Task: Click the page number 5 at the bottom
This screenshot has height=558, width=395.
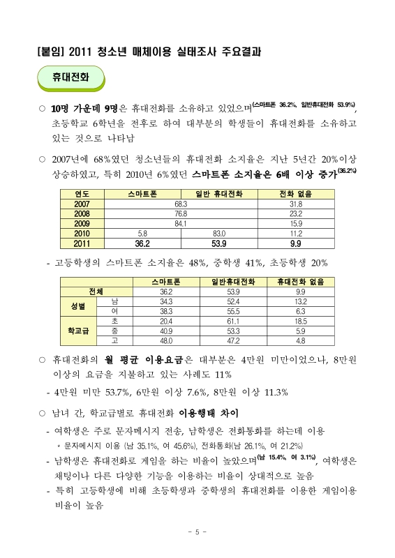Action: pyautogui.click(x=197, y=531)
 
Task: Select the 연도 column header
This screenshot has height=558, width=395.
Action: pyautogui.click(x=82, y=193)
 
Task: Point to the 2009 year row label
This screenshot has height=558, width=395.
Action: pyautogui.click(x=82, y=224)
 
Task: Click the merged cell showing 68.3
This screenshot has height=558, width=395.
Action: pyautogui.click(x=181, y=203)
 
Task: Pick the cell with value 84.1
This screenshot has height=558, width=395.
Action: pyautogui.click(x=181, y=224)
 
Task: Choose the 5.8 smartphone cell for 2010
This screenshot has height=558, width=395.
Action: pyautogui.click(x=142, y=234)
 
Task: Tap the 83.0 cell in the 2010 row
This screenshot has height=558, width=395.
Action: pyautogui.click(x=218, y=234)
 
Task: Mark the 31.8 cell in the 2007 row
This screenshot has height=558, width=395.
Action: pyautogui.click(x=295, y=203)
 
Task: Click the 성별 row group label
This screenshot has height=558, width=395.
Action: pyautogui.click(x=78, y=306)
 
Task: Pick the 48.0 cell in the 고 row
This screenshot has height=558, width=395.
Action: pyautogui.click(x=166, y=341)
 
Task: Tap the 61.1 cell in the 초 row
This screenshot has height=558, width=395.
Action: pyautogui.click(x=233, y=321)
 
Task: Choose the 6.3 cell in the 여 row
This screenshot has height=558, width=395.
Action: pyautogui.click(x=301, y=311)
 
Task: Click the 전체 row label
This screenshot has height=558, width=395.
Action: pyautogui.click(x=96, y=291)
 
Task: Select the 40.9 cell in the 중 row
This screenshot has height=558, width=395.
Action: pyautogui.click(x=166, y=331)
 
